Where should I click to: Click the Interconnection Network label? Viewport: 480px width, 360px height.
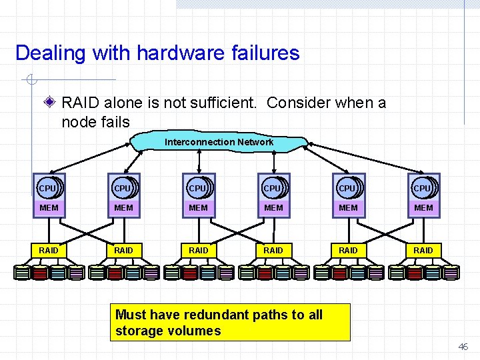tap(219, 142)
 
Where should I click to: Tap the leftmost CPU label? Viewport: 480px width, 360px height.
tap(48, 189)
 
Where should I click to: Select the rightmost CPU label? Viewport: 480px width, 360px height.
tap(423, 189)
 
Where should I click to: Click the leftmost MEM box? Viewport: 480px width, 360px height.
tap(49, 208)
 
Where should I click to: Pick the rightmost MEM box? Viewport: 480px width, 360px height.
tap(423, 208)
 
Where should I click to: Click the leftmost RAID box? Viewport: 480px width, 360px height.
tap(49, 250)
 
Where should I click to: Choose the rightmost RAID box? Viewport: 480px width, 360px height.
tap(423, 250)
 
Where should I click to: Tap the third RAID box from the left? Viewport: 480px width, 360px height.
tap(199, 250)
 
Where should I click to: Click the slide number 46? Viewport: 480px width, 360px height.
tap(463, 347)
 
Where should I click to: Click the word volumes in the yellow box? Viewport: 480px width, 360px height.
tap(196, 331)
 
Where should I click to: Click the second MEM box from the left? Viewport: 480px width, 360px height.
tap(124, 208)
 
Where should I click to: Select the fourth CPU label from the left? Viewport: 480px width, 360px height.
tap(273, 189)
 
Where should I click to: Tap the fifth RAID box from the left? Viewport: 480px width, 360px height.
tap(349, 250)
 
